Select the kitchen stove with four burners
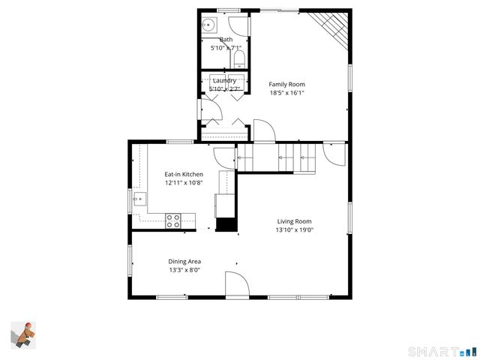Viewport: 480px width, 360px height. click(x=173, y=220)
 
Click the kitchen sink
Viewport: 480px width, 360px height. click(x=139, y=199)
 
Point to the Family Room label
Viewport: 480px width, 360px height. click(x=287, y=85)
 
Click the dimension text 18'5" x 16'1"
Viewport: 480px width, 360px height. click(x=287, y=94)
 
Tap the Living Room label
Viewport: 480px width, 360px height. click(x=294, y=221)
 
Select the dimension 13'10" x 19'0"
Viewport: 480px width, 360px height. click(x=294, y=230)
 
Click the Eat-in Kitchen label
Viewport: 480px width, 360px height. click(x=184, y=174)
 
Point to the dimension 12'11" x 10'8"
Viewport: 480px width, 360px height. click(x=184, y=182)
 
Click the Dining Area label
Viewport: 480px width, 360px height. click(x=184, y=262)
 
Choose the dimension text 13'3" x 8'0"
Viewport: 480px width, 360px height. click(x=184, y=270)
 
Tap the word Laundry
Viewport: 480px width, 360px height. click(x=225, y=80)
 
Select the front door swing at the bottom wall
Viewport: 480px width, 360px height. click(x=237, y=284)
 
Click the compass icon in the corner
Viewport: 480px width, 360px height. click(x=23, y=334)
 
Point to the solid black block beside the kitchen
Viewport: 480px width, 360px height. click(x=226, y=224)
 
